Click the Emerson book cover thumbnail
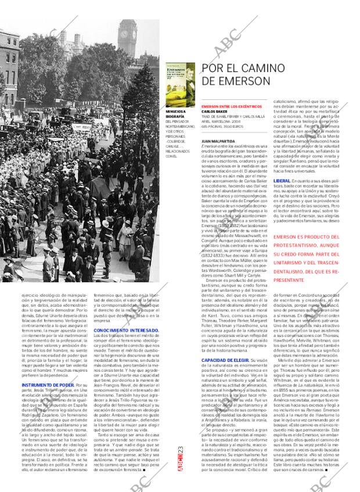tap(180, 84)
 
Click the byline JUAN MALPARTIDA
tap(219, 141)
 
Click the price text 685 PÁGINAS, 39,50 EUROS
tap(226, 125)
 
